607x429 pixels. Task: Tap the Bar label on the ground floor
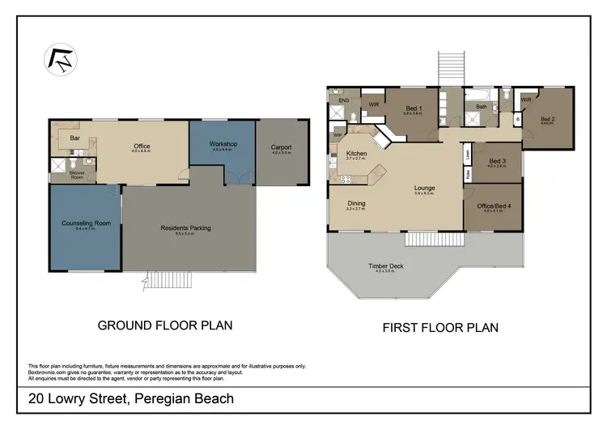(74, 138)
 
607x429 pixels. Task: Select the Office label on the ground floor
(142, 147)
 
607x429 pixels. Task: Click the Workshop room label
(221, 144)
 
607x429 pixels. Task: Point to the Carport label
(281, 147)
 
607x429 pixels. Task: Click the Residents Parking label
(185, 227)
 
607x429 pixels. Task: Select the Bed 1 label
(413, 108)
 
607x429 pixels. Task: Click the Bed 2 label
(549, 118)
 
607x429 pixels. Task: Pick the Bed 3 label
(497, 160)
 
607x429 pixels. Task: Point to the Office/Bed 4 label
(497, 206)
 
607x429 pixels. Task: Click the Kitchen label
(356, 153)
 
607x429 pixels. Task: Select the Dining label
(356, 203)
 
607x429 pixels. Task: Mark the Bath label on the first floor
(481, 106)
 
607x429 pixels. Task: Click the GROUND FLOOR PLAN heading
(165, 325)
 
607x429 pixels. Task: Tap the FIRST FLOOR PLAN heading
(439, 328)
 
